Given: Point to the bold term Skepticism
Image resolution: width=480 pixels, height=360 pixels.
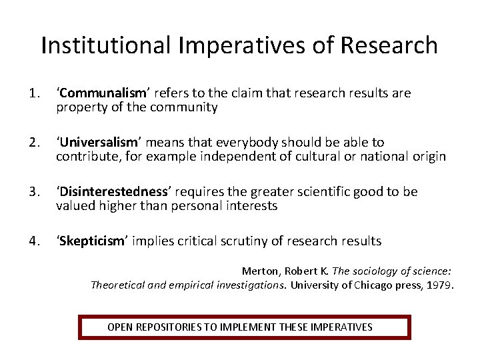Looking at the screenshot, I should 91,241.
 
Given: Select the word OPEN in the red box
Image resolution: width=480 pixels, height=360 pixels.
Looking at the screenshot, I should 120,327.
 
